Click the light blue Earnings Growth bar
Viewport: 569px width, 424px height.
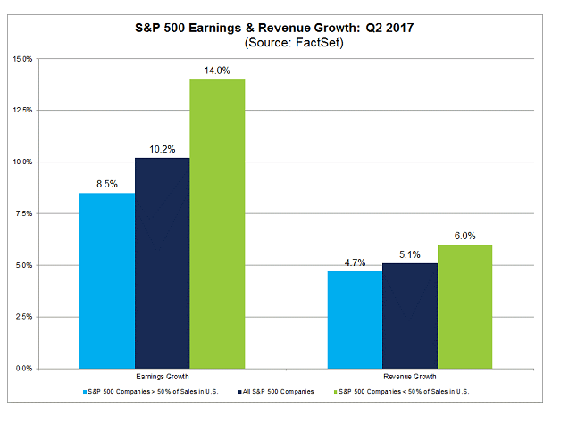pos(107,280)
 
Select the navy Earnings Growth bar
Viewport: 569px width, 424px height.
pos(163,262)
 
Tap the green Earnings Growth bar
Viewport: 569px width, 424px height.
pos(217,223)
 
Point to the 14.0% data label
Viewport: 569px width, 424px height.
pos(218,71)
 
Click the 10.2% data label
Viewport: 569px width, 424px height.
pos(163,149)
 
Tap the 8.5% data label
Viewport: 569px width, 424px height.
pos(107,184)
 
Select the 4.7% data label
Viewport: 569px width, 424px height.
pos(355,262)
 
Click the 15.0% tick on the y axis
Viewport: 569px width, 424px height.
pos(46,59)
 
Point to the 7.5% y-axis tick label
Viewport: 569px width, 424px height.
pos(47,213)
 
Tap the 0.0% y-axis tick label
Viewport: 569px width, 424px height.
pos(47,368)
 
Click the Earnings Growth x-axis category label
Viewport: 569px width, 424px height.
pos(163,378)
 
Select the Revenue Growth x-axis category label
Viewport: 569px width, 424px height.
pos(410,378)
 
